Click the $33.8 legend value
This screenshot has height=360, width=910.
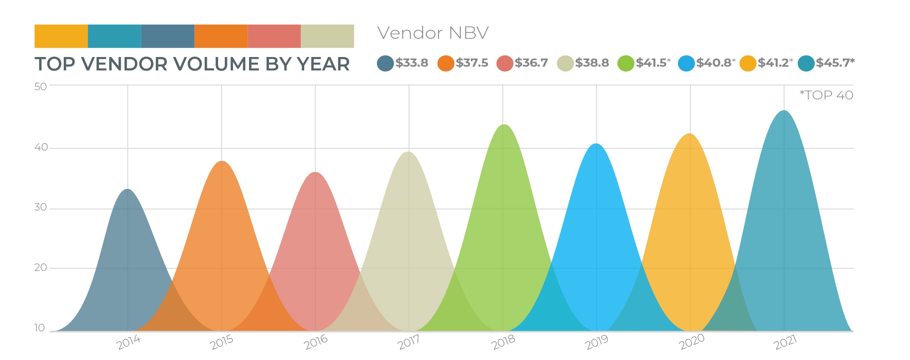pyautogui.click(x=412, y=63)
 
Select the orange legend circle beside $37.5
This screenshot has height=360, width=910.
pyautogui.click(x=445, y=63)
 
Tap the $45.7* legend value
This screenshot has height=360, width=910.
pyautogui.click(x=835, y=63)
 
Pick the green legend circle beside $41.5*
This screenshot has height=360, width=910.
pyautogui.click(x=626, y=63)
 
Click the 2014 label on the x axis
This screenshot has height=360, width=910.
pyautogui.click(x=128, y=342)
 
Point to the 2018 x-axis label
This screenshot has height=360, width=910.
pyautogui.click(x=503, y=342)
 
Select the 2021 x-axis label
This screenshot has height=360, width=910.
pyautogui.click(x=785, y=342)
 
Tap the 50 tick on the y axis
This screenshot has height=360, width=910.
pyautogui.click(x=40, y=86)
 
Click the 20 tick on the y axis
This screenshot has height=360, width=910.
pyautogui.click(x=40, y=268)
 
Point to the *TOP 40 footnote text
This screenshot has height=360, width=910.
pyautogui.click(x=826, y=95)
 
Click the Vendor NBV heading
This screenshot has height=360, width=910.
pyautogui.click(x=432, y=33)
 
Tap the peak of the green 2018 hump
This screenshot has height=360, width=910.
pyautogui.click(x=504, y=125)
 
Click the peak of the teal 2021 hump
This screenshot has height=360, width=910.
pyautogui.click(x=784, y=111)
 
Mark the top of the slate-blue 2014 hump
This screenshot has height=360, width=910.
pyautogui.click(x=128, y=190)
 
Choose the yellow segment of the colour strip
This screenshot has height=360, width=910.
pyautogui.click(x=61, y=36)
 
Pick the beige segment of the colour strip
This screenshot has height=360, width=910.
pyautogui.click(x=327, y=36)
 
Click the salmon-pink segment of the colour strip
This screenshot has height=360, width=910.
pyautogui.click(x=274, y=36)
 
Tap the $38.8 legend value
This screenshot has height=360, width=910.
pyautogui.click(x=592, y=63)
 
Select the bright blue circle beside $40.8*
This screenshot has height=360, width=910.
pyautogui.click(x=686, y=63)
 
